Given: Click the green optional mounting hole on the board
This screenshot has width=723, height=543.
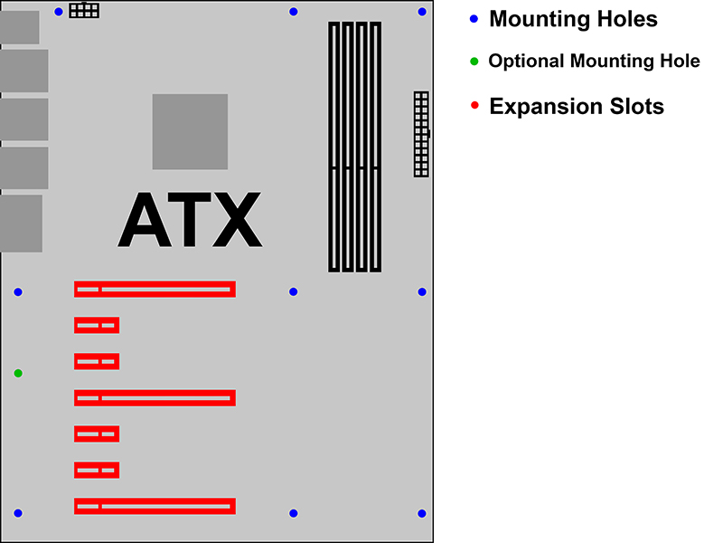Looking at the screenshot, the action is click(18, 373).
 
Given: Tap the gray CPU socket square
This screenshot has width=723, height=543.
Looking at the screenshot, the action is click(190, 131).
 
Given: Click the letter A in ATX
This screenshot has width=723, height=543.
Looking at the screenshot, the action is click(145, 220).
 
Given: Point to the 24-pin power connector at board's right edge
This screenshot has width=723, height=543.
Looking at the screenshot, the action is click(421, 134).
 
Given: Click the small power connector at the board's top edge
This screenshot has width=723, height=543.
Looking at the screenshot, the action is click(84, 10).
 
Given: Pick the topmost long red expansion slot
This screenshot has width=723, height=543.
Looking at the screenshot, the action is click(155, 289).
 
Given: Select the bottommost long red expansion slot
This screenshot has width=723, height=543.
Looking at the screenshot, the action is click(155, 506).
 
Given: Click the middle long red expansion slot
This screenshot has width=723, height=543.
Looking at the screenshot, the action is click(155, 398).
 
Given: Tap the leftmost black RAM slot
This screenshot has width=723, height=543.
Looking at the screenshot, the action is click(333, 147).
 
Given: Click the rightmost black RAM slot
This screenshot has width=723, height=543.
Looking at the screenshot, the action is click(376, 147).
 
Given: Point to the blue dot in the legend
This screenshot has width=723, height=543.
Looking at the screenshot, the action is click(474, 19).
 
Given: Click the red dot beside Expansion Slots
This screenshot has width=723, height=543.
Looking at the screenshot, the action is click(474, 105).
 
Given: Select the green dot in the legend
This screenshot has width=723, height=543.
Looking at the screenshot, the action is click(474, 61).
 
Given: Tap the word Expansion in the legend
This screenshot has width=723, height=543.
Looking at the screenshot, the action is click(546, 107).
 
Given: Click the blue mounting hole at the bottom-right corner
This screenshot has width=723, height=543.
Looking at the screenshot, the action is click(422, 513).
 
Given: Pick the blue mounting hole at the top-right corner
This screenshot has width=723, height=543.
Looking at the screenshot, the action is click(422, 12).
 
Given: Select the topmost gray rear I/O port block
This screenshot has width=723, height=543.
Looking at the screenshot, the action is click(19, 27).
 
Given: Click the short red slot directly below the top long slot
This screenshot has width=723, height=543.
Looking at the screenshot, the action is click(97, 325).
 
